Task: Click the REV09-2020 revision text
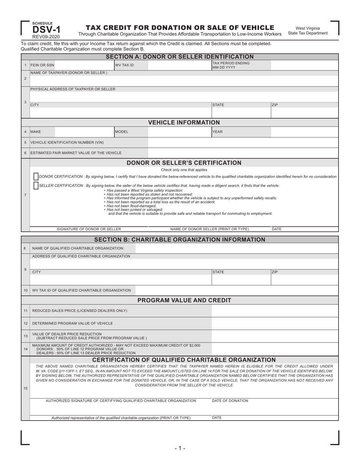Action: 46,37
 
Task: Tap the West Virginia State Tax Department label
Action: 308,31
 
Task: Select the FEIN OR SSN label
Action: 42,65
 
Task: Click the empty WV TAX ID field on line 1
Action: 179,65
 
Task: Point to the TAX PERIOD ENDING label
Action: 231,65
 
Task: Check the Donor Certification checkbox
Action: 36,177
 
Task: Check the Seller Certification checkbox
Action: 36,186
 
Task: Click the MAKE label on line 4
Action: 36,132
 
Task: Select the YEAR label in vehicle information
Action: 218,132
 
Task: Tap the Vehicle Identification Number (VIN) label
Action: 67,142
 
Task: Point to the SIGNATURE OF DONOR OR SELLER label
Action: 89,229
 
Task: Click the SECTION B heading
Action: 180,239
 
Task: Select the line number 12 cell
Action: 25,323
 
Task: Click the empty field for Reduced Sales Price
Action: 274,311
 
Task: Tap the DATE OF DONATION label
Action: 230,400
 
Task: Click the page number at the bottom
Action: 180,448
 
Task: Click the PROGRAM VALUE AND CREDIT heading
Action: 184,300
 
